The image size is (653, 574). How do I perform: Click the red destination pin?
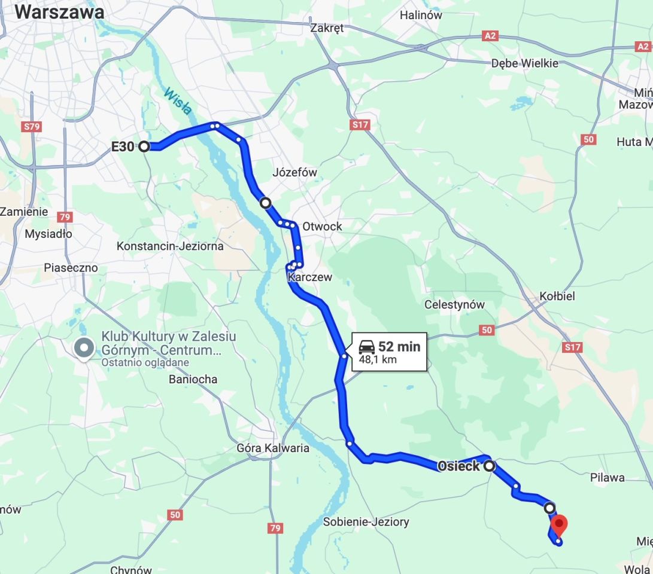click(x=558, y=525)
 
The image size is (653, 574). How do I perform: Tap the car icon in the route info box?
click(x=366, y=347)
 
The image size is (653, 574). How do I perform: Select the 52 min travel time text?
click(x=399, y=347)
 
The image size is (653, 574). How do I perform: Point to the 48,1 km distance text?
click(x=378, y=360)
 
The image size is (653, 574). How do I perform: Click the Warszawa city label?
click(x=59, y=12)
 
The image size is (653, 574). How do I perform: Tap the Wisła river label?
click(x=178, y=101)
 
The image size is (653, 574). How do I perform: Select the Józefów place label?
click(x=294, y=172)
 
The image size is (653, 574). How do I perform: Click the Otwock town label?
click(x=322, y=226)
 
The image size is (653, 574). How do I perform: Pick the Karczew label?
click(x=309, y=277)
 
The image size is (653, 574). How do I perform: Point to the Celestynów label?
click(x=454, y=304)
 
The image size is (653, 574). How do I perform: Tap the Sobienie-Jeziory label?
click(x=366, y=521)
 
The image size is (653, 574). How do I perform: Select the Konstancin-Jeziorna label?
click(x=170, y=246)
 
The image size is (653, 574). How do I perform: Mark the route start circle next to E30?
click(x=144, y=146)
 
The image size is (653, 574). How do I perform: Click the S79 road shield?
click(x=31, y=127)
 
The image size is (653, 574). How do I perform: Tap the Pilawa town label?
click(x=607, y=477)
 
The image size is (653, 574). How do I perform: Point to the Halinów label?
click(x=421, y=15)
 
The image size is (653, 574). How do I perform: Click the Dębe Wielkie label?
click(x=524, y=63)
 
